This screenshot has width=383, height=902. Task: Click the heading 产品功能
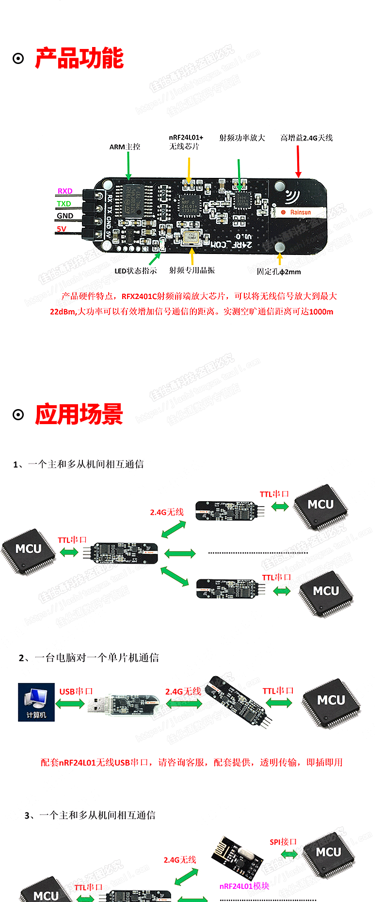click(x=79, y=59)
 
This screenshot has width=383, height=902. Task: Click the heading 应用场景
click(x=79, y=414)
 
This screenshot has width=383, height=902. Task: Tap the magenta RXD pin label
click(x=65, y=191)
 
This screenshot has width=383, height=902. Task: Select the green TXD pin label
click(x=64, y=204)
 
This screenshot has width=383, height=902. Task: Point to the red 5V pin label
click(x=62, y=229)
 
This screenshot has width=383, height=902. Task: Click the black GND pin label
click(x=65, y=216)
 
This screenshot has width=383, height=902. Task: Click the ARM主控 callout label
click(x=125, y=147)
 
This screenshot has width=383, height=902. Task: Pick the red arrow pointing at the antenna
click(x=298, y=161)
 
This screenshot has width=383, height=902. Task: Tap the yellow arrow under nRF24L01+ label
click(x=189, y=167)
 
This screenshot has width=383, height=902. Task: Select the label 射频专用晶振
click(x=192, y=270)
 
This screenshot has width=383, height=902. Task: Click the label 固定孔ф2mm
click(x=279, y=271)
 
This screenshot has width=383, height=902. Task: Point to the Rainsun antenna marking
click(x=300, y=212)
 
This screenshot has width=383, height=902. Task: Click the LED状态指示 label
click(x=136, y=271)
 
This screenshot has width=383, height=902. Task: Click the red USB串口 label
click(x=76, y=692)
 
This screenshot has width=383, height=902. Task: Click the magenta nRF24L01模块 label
click(x=244, y=886)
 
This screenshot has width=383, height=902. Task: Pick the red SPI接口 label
click(x=283, y=842)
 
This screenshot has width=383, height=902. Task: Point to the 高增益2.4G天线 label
click(x=306, y=138)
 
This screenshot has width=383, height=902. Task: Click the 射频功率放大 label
click(x=242, y=138)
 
